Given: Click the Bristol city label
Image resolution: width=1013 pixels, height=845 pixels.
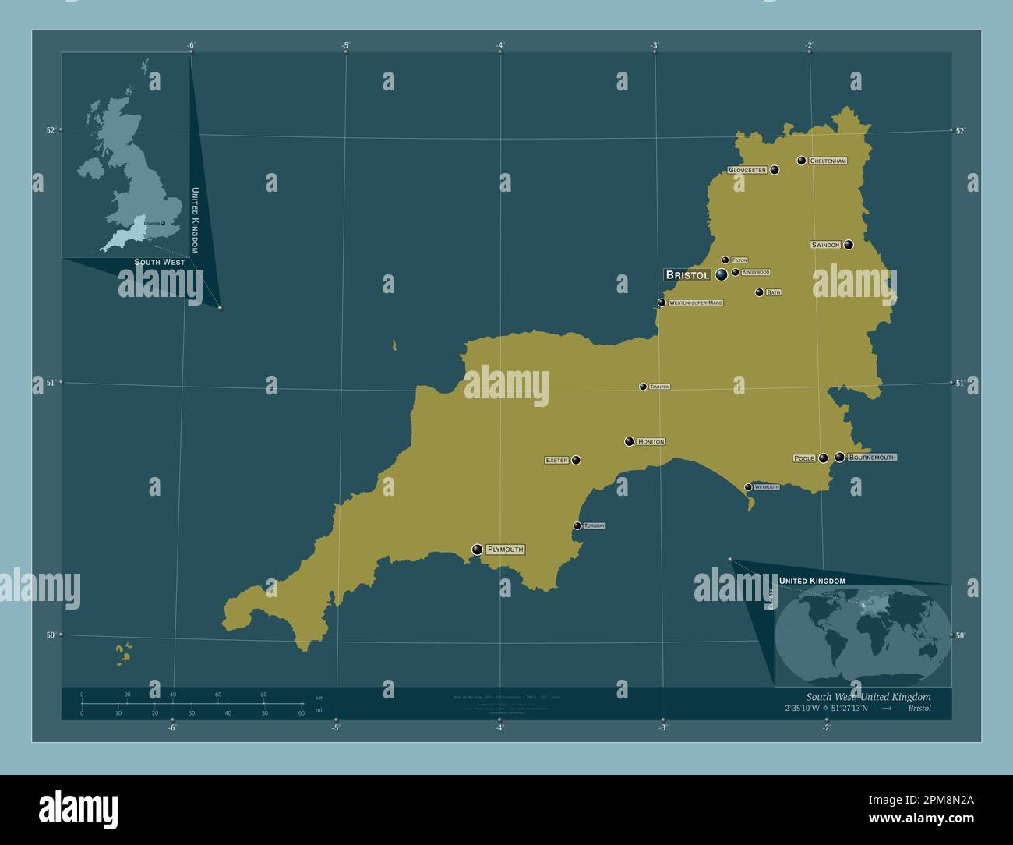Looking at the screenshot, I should [687, 274].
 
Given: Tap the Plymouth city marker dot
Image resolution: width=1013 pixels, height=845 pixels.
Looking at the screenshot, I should [477, 550].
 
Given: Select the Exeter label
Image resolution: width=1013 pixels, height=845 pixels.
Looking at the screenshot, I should [556, 461].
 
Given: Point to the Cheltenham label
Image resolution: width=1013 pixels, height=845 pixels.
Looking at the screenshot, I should [828, 161].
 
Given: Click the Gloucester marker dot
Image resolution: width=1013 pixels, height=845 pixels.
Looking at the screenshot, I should [775, 169].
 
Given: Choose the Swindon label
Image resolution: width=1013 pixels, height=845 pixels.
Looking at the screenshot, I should [825, 245].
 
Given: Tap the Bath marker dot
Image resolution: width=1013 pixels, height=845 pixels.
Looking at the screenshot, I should [759, 292].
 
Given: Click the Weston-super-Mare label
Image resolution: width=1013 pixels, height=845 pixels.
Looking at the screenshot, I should [695, 302].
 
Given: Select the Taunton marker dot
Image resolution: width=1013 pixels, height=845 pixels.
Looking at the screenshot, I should [643, 387].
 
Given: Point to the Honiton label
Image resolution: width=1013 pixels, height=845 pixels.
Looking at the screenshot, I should [651, 442].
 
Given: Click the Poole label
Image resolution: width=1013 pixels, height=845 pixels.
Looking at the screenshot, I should [803, 458].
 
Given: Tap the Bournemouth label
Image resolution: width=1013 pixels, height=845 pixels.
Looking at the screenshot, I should [872, 458].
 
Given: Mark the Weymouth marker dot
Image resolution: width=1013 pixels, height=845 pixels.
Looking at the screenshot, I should [748, 487].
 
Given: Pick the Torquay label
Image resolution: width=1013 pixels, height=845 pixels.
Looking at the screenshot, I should [595, 526].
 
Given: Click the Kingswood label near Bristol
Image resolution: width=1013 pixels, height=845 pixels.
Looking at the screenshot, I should [755, 272].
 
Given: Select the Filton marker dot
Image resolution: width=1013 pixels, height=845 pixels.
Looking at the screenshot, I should [725, 260].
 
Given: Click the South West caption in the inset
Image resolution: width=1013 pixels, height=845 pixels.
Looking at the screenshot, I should [159, 262].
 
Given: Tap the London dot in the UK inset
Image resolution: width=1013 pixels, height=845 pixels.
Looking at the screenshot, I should [163, 224].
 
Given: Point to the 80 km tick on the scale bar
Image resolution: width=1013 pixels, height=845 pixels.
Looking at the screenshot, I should [263, 704].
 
